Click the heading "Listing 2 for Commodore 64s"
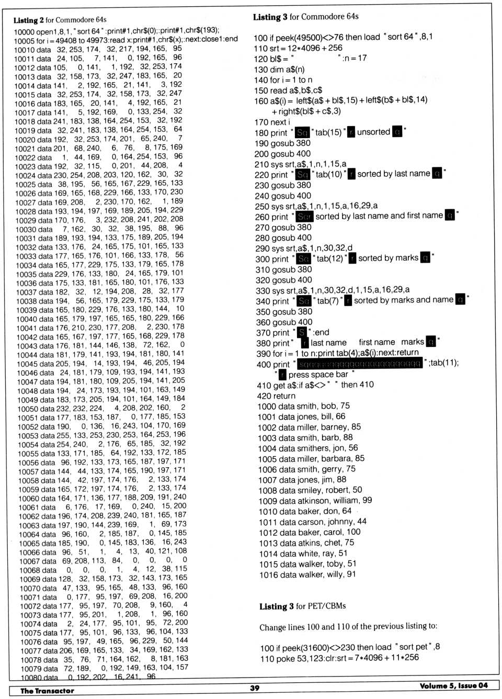click(60, 20)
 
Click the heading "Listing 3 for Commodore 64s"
click(305, 17)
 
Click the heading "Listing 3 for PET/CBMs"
click(302, 606)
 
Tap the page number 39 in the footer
click(255, 688)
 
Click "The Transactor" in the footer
click(47, 691)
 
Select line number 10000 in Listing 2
click(24, 31)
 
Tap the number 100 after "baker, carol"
click(353, 532)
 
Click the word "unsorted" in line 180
click(373, 132)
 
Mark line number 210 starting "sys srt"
click(261, 164)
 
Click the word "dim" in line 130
click(278, 70)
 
